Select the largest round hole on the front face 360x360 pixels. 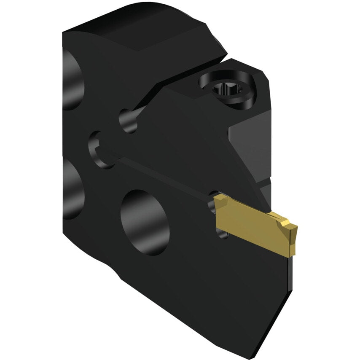click(145, 222)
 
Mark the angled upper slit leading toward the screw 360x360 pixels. click(148, 101)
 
